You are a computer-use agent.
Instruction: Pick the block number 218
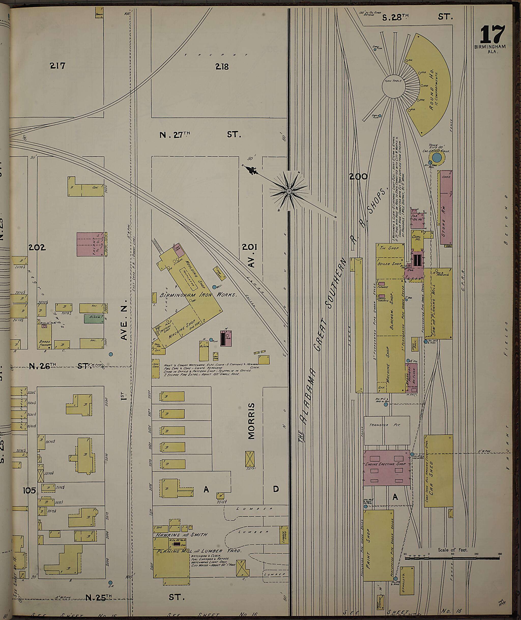[222, 67]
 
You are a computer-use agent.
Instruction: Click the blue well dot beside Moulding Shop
[214, 287]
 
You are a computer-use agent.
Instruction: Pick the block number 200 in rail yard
[358, 176]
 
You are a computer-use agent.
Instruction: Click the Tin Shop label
[389, 248]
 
